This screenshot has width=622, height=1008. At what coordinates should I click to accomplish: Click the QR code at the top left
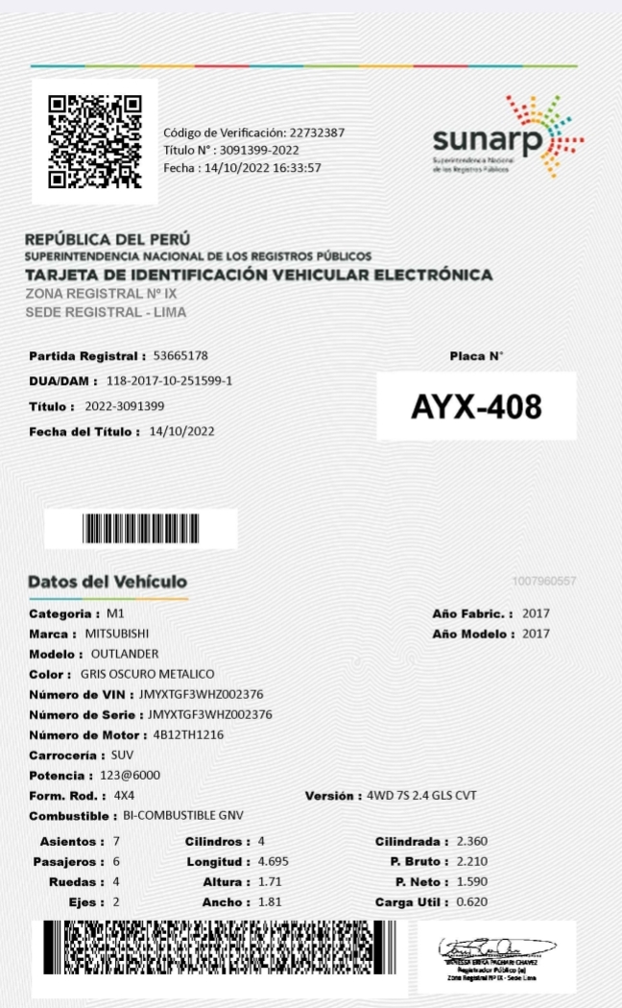pos(95,141)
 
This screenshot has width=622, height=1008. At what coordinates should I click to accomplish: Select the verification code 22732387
pos(318,132)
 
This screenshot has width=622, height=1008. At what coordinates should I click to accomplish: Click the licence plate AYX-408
pos(476,407)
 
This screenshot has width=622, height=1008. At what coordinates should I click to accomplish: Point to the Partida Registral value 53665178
pos(180,356)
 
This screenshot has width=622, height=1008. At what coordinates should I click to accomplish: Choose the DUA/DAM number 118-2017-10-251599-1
pos(169,381)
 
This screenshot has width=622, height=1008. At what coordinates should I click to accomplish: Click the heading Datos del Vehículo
pos(108,582)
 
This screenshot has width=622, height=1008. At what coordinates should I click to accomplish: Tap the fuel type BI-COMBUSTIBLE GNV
pos(183,816)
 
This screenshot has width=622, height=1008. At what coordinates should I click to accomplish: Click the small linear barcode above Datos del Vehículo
pos(141,529)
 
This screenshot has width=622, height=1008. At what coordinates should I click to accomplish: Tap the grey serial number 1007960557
pos(544,581)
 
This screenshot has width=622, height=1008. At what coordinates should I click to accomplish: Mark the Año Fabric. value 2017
pos(536,613)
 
